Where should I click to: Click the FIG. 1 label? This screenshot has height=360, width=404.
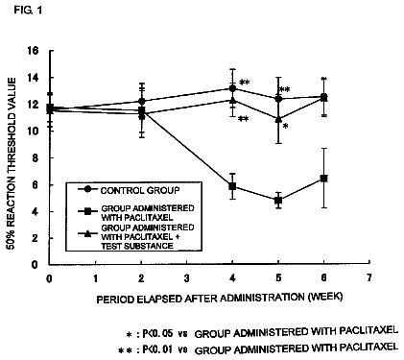point(28,11)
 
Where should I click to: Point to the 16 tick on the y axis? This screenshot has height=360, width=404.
point(33,51)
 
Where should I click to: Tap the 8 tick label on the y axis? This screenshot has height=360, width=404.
point(35,158)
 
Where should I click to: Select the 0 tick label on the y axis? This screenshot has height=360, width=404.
point(35,265)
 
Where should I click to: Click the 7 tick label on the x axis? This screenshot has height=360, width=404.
point(369,277)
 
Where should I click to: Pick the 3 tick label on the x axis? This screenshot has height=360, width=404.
point(187,277)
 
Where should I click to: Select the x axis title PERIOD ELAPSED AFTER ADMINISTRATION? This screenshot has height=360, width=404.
point(202,299)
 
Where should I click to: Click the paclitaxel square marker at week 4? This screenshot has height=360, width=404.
point(232,186)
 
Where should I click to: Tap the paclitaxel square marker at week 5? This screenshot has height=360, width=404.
point(278,201)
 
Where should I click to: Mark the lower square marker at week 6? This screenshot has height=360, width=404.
point(323,179)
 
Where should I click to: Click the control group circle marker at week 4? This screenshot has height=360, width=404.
point(232,88)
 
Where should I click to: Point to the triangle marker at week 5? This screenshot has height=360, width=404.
point(278,119)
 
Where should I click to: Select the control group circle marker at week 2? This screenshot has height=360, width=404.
point(141,102)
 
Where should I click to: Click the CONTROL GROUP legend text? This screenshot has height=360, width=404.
point(140,190)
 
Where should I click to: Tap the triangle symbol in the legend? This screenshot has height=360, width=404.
point(86,233)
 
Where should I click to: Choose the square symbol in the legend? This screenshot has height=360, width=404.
point(86,211)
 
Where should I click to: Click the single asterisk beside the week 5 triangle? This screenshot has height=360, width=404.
point(285,126)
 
